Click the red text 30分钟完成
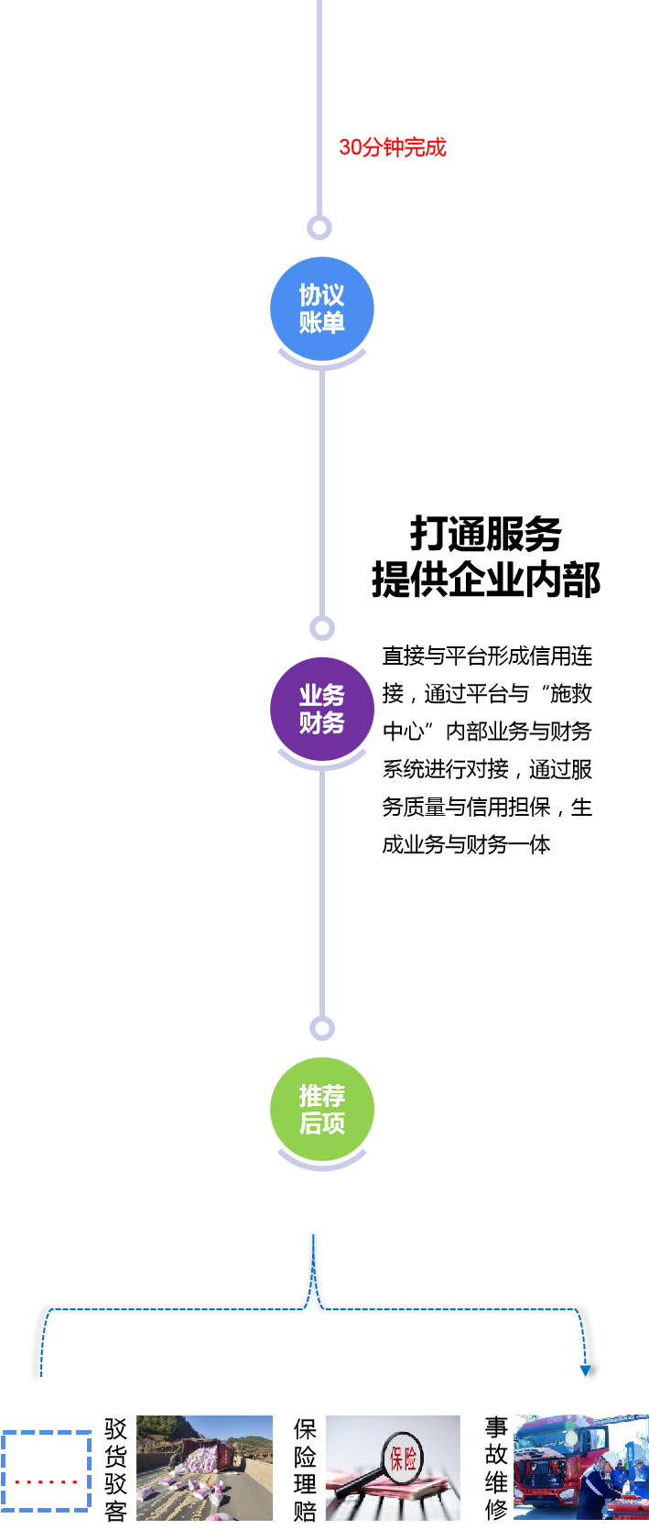pos(392,147)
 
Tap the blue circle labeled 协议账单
pos(321,309)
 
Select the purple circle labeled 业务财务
pos(321,709)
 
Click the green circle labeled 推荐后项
pos(321,1109)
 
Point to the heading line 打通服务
pos(485,533)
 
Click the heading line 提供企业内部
pos(485,580)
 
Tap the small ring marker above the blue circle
pos(319,227)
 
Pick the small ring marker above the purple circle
pos(322,627)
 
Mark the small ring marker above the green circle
pos(322,1027)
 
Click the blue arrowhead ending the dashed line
pos(586,1371)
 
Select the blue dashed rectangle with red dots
pos(46,1470)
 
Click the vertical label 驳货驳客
pos(115,1469)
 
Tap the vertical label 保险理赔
pos(305,1469)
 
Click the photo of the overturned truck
pos(204,1468)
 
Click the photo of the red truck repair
pos(580,1467)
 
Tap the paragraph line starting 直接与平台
pos(487,656)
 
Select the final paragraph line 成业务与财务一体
pos(466,844)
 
